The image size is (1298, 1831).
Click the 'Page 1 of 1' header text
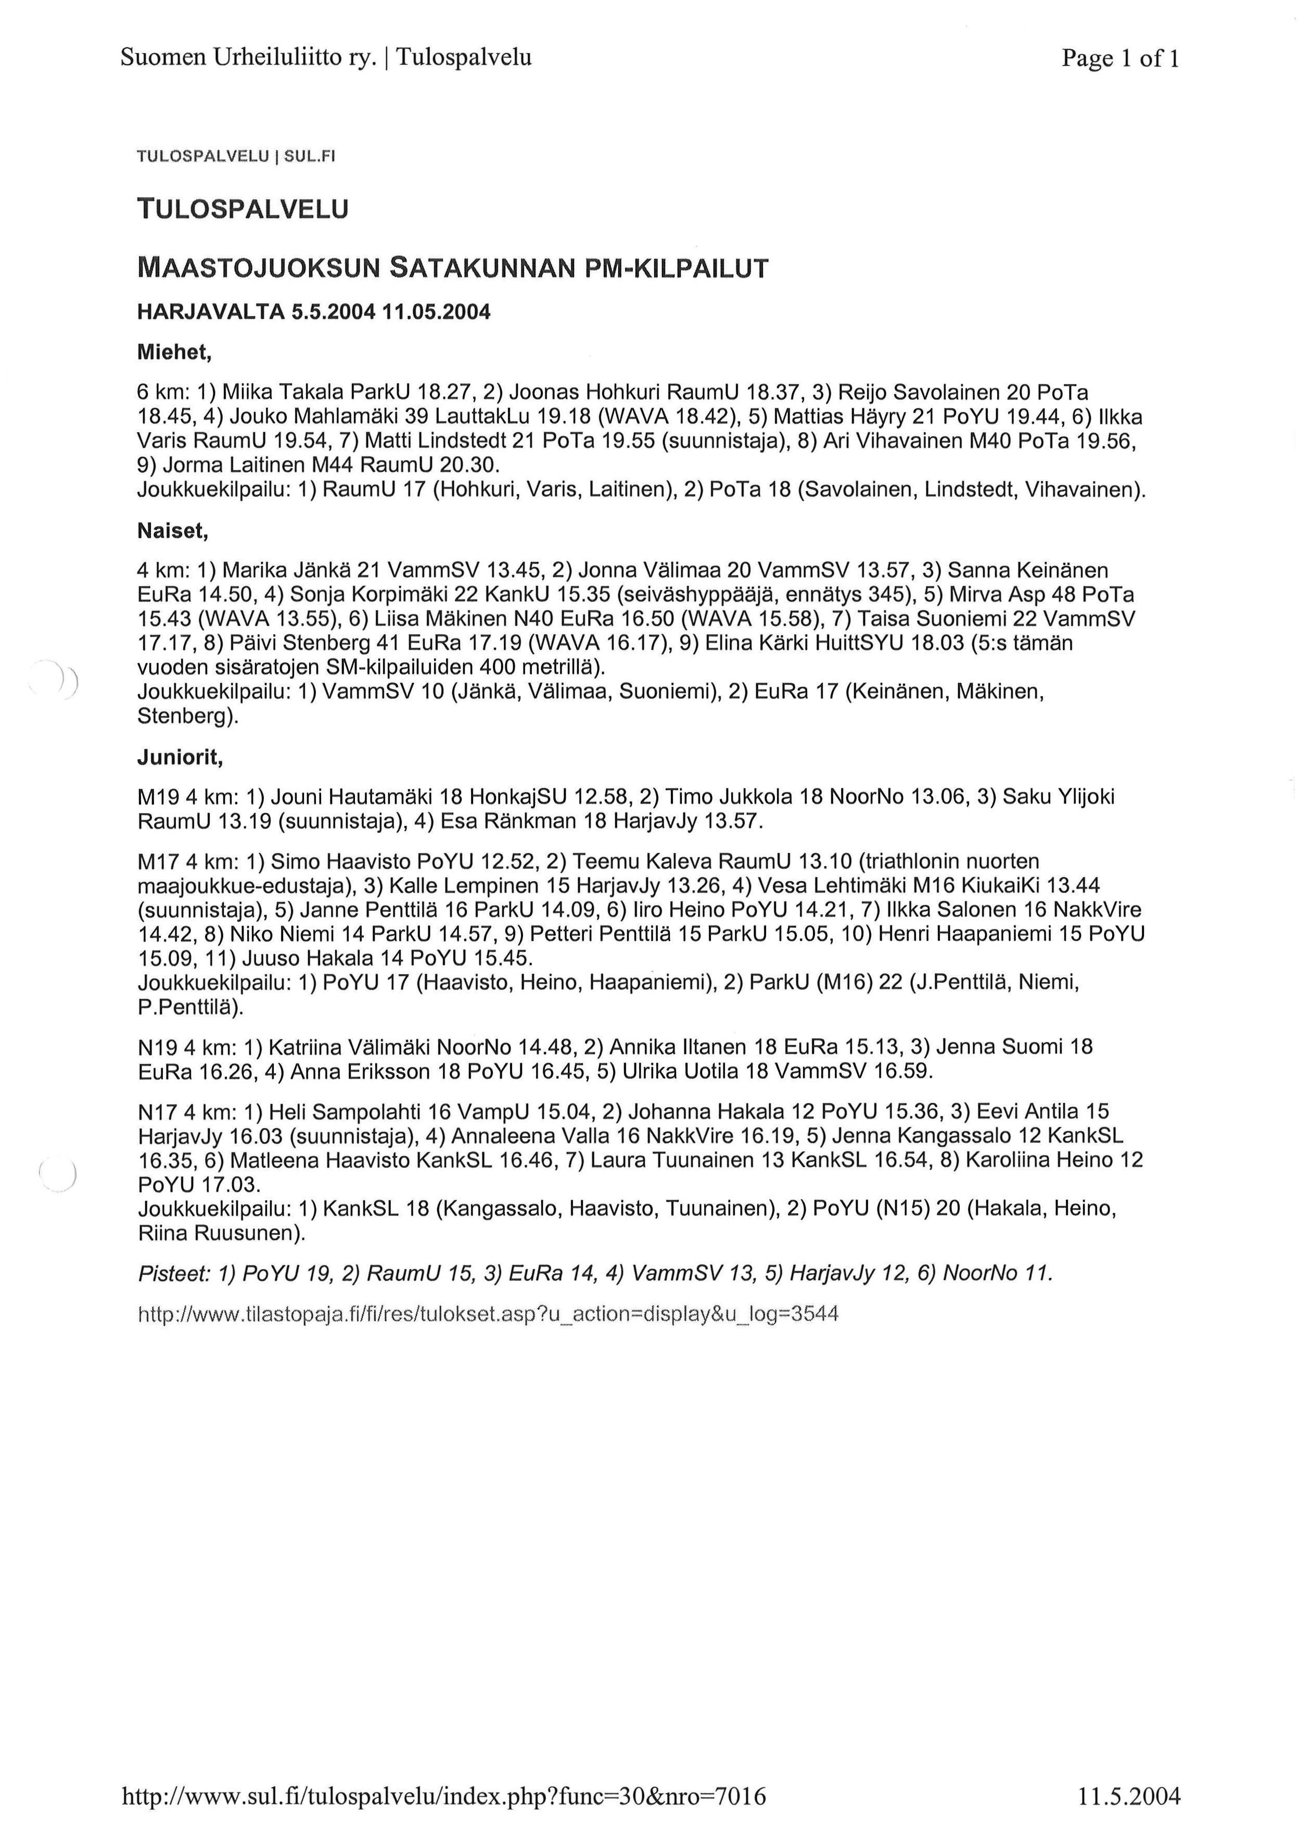pos(1120,58)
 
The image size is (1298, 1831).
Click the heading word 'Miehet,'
pos(173,352)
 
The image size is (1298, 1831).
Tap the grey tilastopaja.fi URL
pos(488,1314)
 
